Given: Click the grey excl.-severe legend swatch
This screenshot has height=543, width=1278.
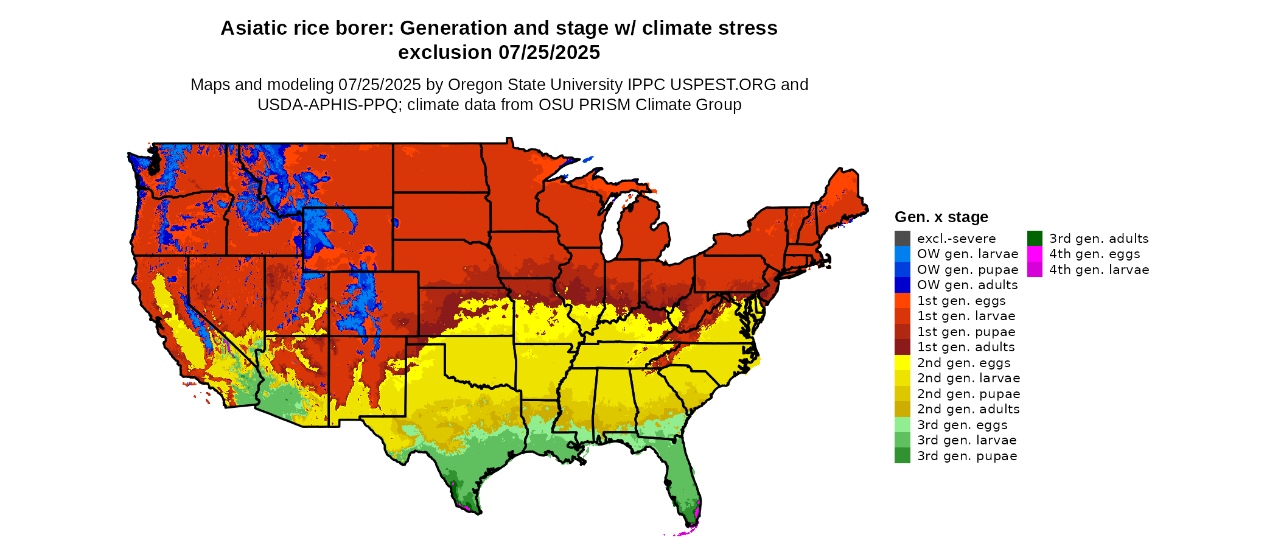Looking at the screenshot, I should (902, 239).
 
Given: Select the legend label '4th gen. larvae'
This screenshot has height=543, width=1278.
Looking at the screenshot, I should (1099, 270).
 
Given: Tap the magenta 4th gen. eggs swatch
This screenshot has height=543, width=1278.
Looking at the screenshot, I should (1035, 254).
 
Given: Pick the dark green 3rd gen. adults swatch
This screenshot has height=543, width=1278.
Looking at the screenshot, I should (1035, 239).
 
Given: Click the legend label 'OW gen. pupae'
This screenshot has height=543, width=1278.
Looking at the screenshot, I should (968, 270).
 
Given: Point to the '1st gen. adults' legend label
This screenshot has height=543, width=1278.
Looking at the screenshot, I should (966, 347).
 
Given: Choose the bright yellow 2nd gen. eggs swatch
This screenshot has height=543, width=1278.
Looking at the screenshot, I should (902, 363).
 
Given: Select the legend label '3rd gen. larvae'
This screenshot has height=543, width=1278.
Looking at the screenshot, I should (967, 440).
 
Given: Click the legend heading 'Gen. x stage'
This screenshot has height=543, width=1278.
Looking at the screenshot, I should (941, 217).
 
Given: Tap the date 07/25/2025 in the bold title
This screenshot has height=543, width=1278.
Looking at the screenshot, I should (549, 53).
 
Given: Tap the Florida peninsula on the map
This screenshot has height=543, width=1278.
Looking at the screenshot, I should (685, 481).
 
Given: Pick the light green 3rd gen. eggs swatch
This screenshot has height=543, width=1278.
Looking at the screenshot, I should (902, 425).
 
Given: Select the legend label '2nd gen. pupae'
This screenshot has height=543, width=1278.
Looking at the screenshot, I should (968, 394).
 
